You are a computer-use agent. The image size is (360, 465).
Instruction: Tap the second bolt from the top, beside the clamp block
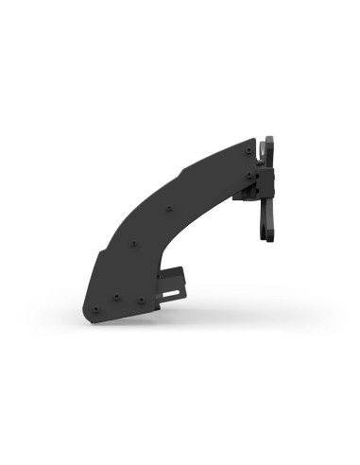pos(249,173)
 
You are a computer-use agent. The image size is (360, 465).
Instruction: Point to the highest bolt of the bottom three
pos(116,296)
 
